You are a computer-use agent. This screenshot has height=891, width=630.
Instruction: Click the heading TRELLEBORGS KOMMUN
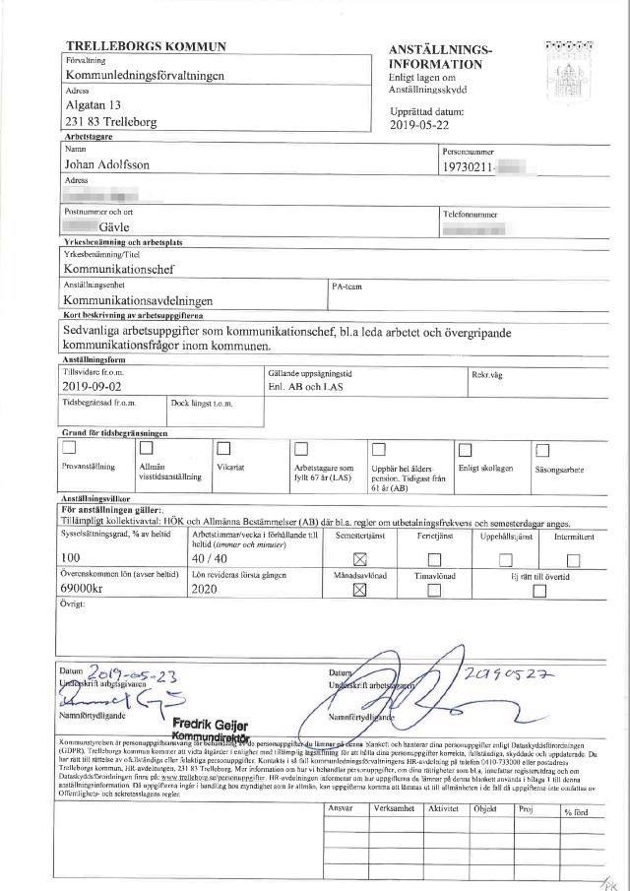coord(145,46)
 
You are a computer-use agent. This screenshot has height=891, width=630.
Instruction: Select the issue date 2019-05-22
coord(418,125)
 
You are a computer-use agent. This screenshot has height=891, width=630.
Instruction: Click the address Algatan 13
coord(93,105)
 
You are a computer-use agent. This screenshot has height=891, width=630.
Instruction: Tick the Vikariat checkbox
coord(224,449)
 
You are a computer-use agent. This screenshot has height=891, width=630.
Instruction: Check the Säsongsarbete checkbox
coord(541,450)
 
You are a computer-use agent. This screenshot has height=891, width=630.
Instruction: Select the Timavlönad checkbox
coord(433,590)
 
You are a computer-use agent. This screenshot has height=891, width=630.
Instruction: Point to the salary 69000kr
coord(92,589)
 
